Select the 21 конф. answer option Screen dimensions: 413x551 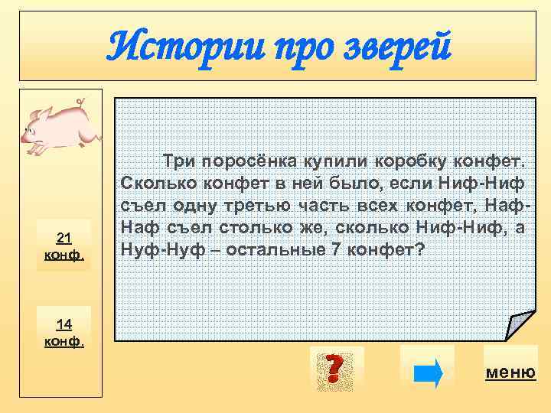pos(64,245)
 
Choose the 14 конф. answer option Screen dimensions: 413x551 pos(64,331)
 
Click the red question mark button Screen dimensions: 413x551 pos(331,369)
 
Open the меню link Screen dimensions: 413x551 pos(510,372)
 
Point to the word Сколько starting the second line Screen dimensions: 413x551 pos(148,184)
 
